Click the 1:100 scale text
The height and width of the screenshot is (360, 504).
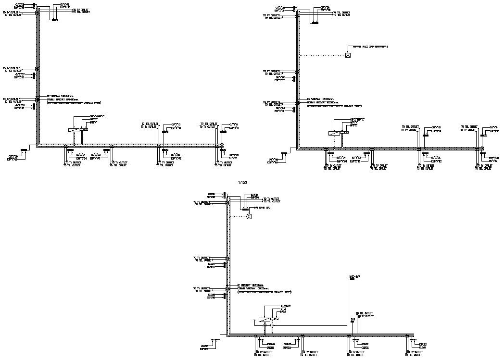tap(243, 183)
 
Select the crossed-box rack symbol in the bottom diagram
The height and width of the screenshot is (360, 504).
tap(249, 217)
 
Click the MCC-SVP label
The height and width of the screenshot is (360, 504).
tap(355, 277)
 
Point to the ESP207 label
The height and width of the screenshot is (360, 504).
tap(211, 267)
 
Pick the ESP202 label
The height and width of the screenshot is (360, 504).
tap(365, 344)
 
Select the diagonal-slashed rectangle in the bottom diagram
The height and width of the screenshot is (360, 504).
tap(264, 319)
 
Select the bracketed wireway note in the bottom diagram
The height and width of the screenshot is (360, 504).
tap(265, 292)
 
